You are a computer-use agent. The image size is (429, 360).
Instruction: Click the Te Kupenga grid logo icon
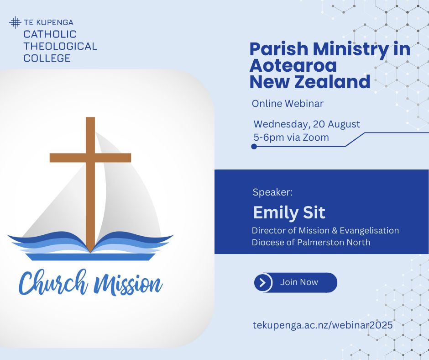[x=15, y=22]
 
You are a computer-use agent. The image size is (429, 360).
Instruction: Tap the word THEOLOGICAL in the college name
[x=60, y=46]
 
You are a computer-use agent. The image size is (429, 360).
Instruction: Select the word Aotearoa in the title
[x=293, y=65]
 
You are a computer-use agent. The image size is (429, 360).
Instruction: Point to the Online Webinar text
[x=288, y=104]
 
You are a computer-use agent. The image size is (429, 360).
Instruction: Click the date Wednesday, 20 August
[x=307, y=124]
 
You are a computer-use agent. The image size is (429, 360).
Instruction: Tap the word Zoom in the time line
[x=315, y=137]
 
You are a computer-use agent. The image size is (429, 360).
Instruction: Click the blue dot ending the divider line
[x=254, y=147]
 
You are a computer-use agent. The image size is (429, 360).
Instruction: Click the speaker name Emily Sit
[x=289, y=212]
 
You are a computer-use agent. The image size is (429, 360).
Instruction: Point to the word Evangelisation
[x=369, y=230]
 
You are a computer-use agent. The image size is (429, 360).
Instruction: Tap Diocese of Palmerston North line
[x=311, y=243]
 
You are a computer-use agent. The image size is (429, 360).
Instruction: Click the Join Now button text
[x=299, y=282]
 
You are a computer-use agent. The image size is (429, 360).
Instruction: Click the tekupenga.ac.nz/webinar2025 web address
[x=323, y=325]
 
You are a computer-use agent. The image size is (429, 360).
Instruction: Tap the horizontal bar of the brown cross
[x=90, y=158]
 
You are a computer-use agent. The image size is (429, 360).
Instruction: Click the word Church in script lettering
[x=53, y=283]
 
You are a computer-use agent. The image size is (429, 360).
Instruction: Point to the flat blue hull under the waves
[x=90, y=257]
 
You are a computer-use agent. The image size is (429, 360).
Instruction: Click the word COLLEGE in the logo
[x=47, y=58]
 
